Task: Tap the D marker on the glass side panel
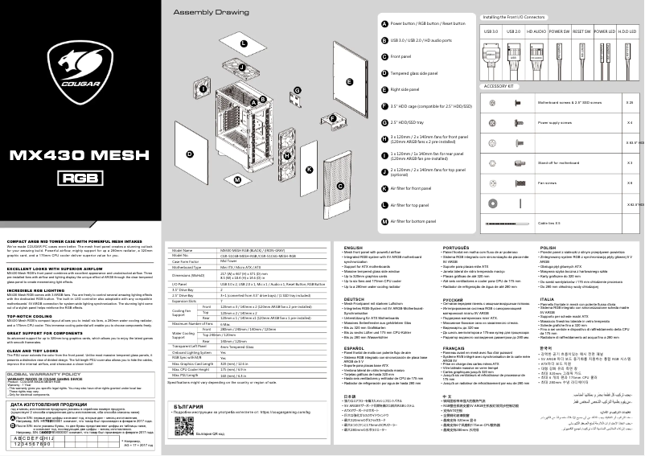click(x=190, y=153)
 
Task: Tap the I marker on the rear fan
click(x=203, y=88)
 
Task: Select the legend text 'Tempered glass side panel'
click(x=420, y=73)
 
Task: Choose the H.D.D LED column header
click(x=626, y=31)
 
